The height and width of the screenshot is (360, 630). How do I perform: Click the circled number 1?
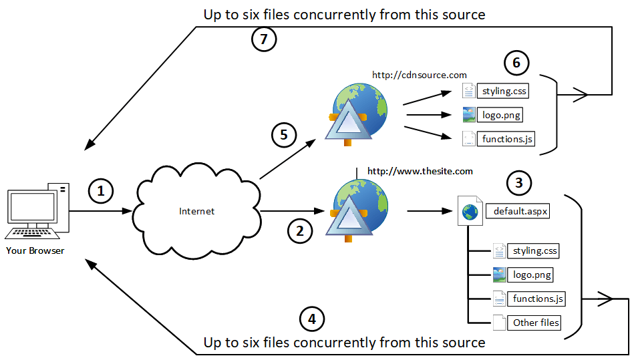pyautogui.click(x=101, y=192)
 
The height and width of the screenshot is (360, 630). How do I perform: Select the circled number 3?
pyautogui.click(x=520, y=182)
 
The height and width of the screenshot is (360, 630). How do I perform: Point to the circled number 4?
pyautogui.click(x=311, y=319)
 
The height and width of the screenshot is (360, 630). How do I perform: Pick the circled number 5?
pyautogui.click(x=284, y=136)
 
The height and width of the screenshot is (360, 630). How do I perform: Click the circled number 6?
pyautogui.click(x=516, y=63)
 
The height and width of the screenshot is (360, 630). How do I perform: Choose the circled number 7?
pyautogui.click(x=264, y=39)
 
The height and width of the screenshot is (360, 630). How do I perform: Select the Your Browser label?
pyautogui.click(x=35, y=250)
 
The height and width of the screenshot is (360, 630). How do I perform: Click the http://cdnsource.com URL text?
pyautogui.click(x=420, y=75)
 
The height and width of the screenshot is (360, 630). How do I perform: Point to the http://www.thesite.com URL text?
pyautogui.click(x=420, y=172)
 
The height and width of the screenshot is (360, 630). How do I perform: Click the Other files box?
pyautogui.click(x=535, y=323)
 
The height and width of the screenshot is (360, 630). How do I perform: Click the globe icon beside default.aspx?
pyautogui.click(x=470, y=212)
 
